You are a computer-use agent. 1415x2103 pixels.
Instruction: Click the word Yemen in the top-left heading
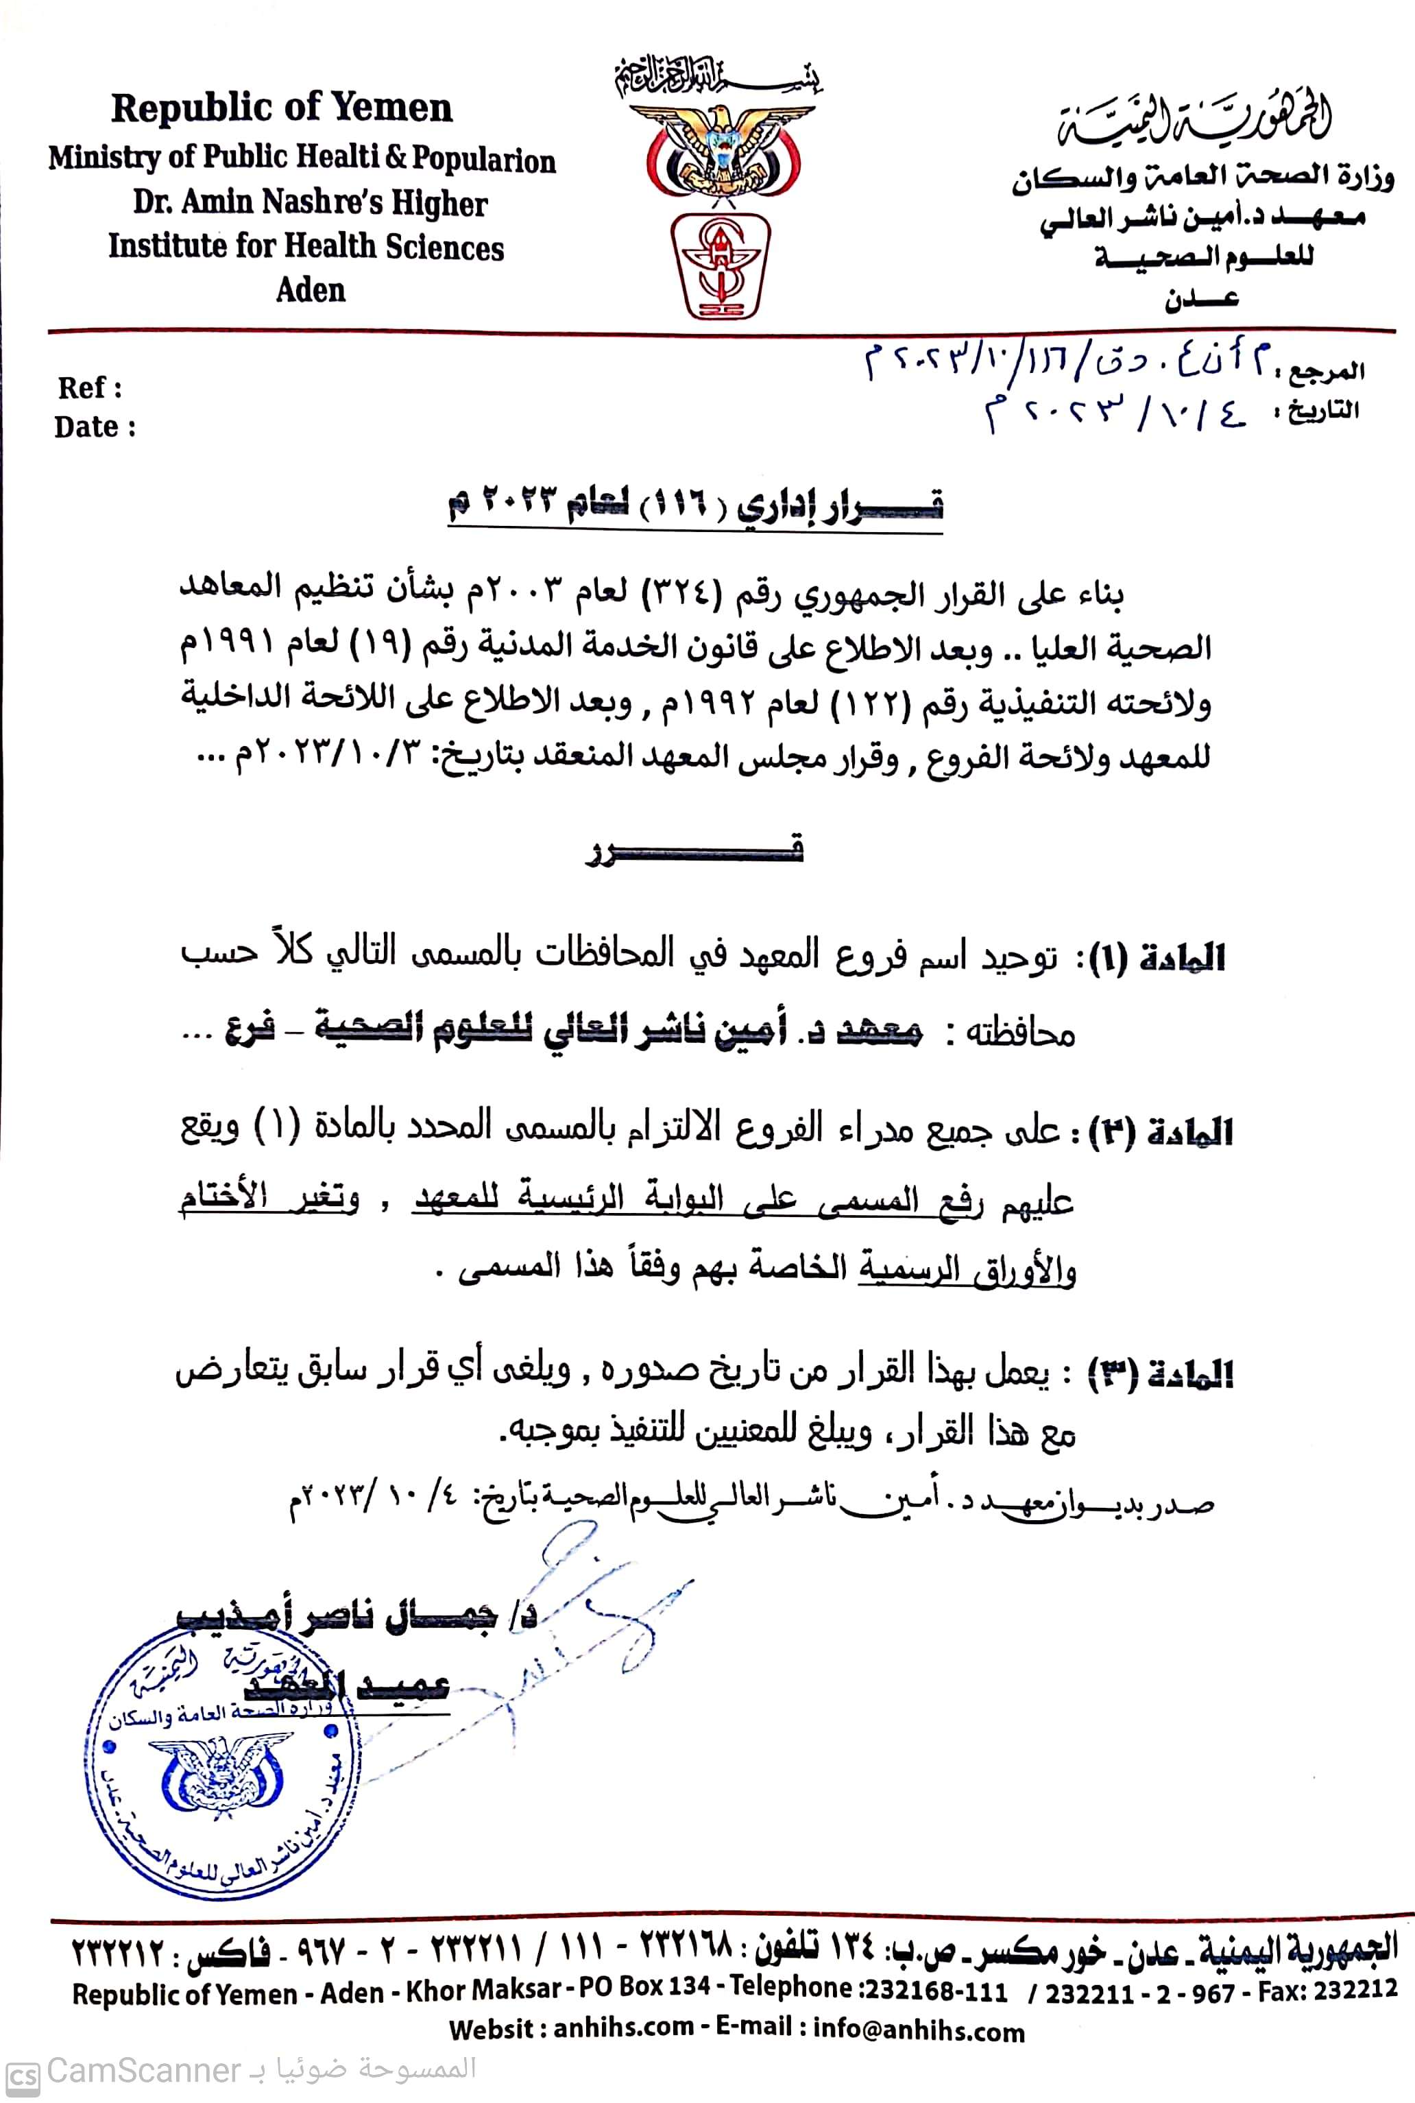click(x=393, y=108)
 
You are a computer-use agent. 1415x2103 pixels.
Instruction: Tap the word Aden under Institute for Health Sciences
click(x=311, y=290)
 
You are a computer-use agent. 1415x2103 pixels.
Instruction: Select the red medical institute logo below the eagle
click(x=720, y=265)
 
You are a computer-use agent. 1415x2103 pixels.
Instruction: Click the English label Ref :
click(x=89, y=388)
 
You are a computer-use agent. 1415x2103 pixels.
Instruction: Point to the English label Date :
click(x=95, y=427)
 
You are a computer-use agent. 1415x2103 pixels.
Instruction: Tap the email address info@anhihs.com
click(x=919, y=2031)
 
